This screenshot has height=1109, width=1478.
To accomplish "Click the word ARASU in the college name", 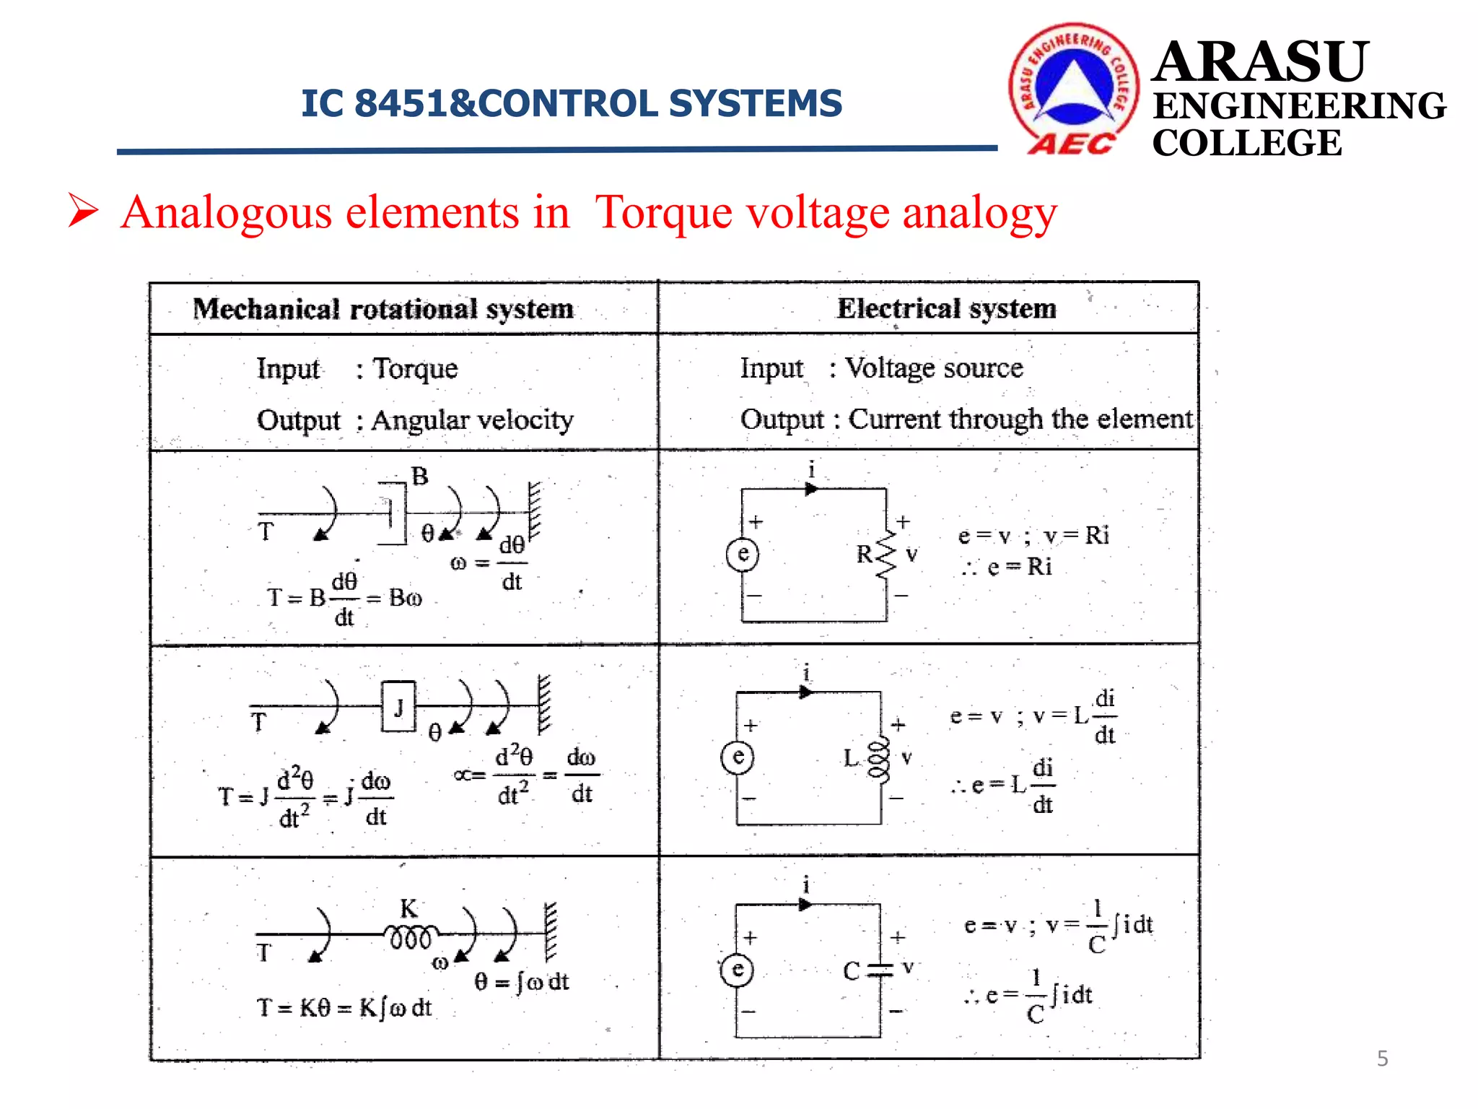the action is click(x=1260, y=62).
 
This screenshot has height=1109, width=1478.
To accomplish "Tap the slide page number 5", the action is click(x=1382, y=1058).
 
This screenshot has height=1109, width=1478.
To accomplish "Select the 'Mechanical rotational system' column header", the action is click(x=383, y=309).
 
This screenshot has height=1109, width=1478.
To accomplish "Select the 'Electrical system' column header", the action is click(x=946, y=308).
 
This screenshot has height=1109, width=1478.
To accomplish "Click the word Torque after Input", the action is click(x=415, y=368).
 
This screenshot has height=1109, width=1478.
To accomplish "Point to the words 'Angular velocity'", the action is click(x=473, y=419).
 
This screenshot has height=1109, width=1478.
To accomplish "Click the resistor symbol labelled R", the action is click(x=886, y=554).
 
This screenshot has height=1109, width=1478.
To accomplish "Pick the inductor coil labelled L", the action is click(x=878, y=759).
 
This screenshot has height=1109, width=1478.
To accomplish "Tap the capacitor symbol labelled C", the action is click(x=880, y=970).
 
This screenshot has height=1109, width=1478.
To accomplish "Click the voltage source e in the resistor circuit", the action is click(x=743, y=554).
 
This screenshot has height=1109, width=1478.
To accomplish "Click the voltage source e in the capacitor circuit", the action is click(x=737, y=969).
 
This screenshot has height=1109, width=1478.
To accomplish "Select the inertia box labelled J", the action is click(x=398, y=706).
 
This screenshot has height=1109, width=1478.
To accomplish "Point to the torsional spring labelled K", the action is click(x=410, y=936).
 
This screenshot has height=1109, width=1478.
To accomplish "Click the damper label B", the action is click(x=419, y=477).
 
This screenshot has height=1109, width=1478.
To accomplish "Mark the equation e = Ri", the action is click(x=1019, y=567).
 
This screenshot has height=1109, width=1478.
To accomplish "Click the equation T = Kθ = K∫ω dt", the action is click(x=344, y=1007).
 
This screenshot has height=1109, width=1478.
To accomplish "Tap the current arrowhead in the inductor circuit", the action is click(x=805, y=692).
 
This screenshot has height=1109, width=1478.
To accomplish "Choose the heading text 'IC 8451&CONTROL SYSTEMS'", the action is click(x=572, y=103).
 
